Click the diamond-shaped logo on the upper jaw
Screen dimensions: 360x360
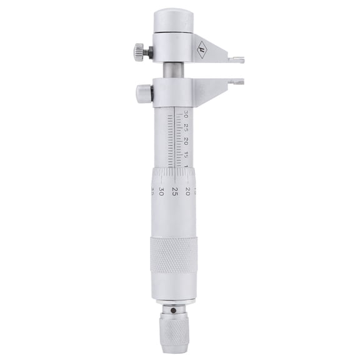tap(201, 47)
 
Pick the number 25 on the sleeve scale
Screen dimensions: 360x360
tap(186, 127)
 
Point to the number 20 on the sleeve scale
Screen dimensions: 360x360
tap(186, 142)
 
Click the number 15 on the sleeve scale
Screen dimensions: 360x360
tap(186, 155)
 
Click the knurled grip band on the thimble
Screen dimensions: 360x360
tap(171, 254)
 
